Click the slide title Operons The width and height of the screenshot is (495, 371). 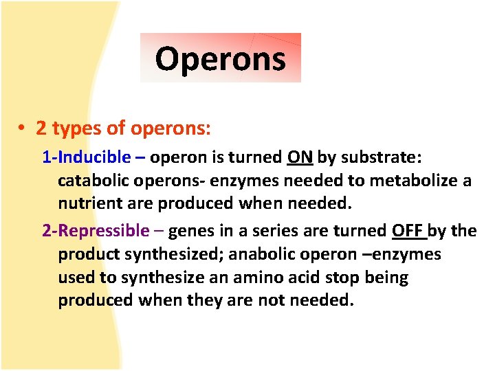pyautogui.click(x=220, y=58)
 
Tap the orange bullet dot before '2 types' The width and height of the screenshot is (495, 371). pyautogui.click(x=23, y=128)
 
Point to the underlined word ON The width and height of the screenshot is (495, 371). pyautogui.click(x=300, y=157)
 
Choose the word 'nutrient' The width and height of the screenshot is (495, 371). pyautogui.click(x=89, y=204)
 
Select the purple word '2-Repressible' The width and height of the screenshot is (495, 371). pyautogui.click(x=96, y=231)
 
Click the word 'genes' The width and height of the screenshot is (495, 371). pyautogui.click(x=190, y=231)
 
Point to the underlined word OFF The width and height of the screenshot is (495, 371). pyautogui.click(x=408, y=231)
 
